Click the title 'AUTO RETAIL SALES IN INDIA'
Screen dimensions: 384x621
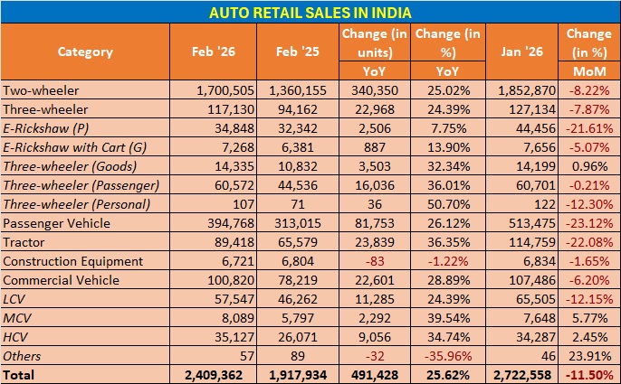[310, 12]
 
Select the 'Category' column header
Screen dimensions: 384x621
[85, 52]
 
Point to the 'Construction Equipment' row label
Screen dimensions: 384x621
[72, 261]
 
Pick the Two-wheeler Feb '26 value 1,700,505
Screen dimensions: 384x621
[223, 89]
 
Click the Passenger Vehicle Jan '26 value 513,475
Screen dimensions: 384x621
[528, 223]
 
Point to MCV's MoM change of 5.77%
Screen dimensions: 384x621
[596, 318]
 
